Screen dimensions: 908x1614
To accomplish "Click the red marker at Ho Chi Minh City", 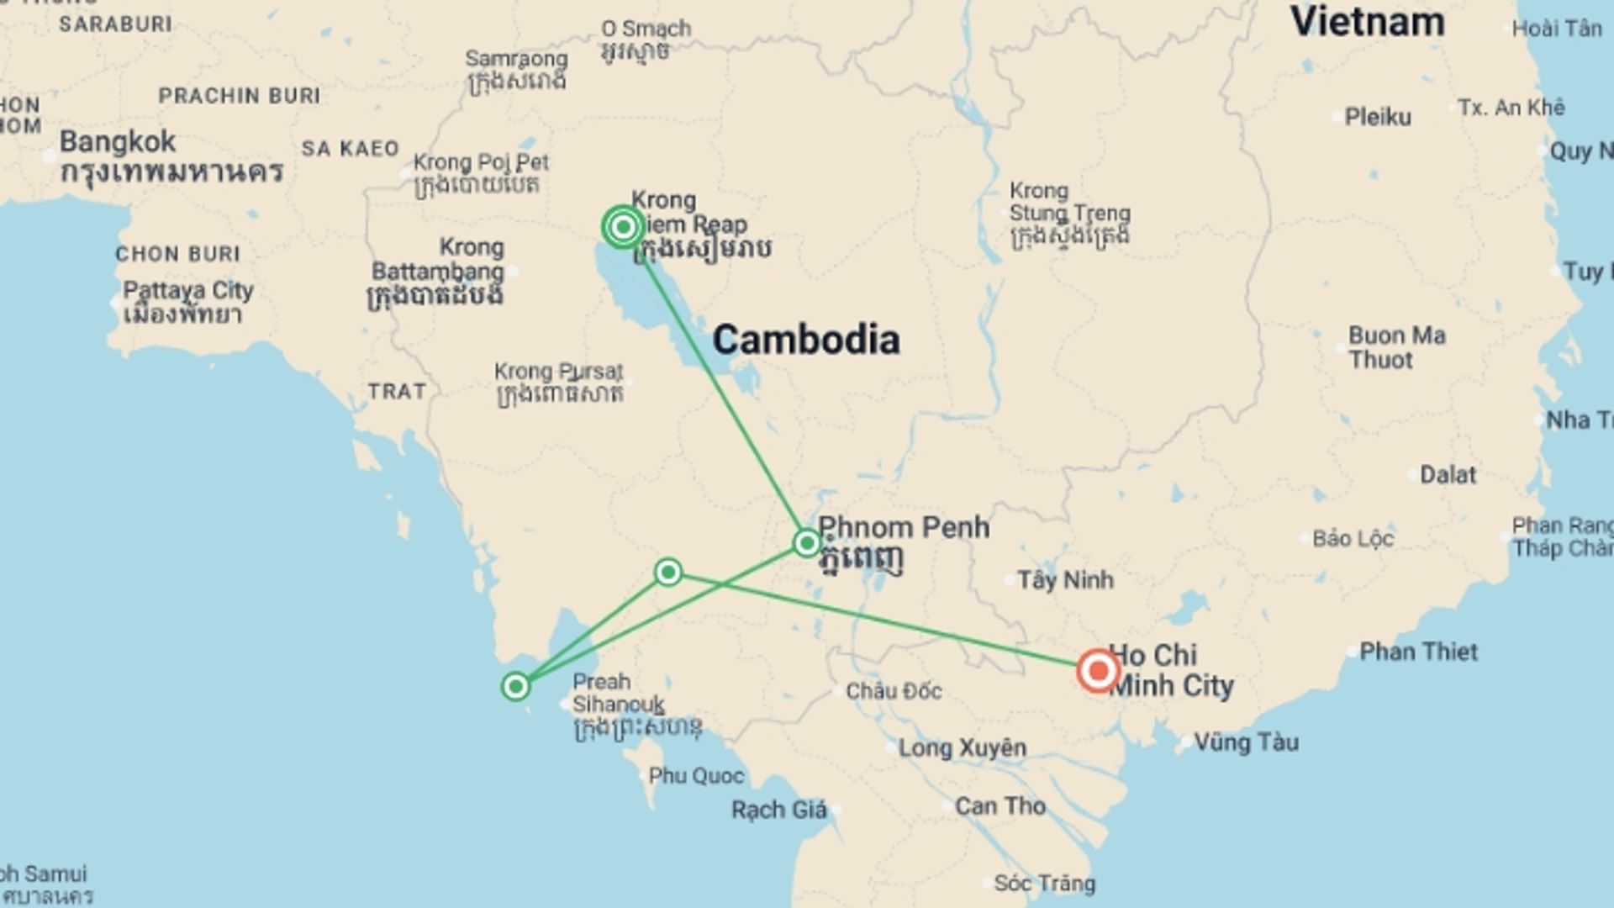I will point(1098,671).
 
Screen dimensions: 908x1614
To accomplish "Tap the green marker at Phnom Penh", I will point(806,543).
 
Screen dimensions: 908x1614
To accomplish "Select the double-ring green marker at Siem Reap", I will point(623,226).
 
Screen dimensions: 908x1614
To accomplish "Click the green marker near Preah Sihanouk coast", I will point(515,687).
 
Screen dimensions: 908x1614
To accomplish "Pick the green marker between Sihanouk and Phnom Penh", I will point(668,573).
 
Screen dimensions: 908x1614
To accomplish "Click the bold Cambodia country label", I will point(805,340).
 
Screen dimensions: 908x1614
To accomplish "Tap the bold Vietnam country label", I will point(1368,21).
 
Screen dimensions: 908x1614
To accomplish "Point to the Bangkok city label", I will point(118,141).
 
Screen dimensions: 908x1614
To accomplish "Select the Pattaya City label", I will point(187,291).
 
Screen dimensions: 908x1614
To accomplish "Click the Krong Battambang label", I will point(438,271).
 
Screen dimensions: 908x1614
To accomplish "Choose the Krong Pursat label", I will point(559,372).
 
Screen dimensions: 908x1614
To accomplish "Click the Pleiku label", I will point(1377,117).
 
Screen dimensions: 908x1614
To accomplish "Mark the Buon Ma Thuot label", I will point(1396,347).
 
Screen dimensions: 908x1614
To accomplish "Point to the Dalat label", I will point(1448,475).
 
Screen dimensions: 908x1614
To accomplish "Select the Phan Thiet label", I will point(1418,652).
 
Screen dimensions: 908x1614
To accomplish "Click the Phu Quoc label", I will point(696,776).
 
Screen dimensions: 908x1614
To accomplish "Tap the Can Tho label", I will point(1000,806).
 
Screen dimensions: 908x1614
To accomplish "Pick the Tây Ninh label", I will point(1065,580).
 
